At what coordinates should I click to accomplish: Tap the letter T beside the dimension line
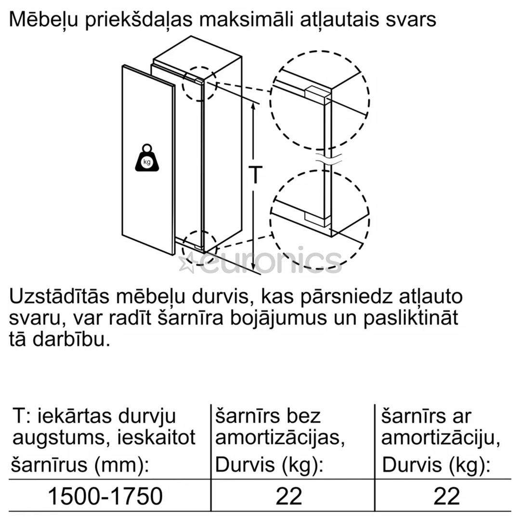click(256, 174)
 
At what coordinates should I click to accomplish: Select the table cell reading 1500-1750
click(105, 495)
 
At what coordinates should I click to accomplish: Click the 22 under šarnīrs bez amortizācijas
click(289, 495)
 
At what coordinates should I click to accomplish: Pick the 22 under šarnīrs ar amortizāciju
click(447, 495)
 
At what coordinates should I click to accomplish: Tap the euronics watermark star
click(186, 264)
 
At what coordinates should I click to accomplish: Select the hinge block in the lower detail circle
click(316, 219)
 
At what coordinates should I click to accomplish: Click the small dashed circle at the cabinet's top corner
click(200, 84)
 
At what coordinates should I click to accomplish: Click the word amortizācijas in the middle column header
click(280, 438)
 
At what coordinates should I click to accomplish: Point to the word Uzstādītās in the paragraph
click(59, 297)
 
